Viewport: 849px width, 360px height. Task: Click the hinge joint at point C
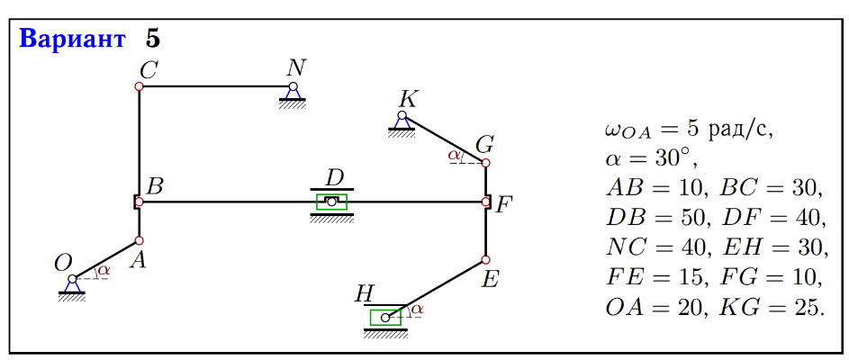tap(139, 86)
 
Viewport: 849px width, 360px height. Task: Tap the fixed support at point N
tap(293, 93)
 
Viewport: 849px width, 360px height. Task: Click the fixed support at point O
tap(71, 283)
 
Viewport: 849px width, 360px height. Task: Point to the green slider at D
tap(331, 202)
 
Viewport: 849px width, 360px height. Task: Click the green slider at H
tap(386, 317)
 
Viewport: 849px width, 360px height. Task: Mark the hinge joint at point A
tap(139, 240)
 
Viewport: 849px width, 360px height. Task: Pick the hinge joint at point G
tap(485, 163)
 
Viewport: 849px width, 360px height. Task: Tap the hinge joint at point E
tap(485, 260)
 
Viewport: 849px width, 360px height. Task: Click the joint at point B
tap(138, 202)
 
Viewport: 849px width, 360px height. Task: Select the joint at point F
tap(485, 202)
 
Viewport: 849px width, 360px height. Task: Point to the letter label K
tap(407, 98)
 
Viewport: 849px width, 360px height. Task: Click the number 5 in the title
tap(153, 40)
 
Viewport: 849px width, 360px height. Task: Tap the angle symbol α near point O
tap(104, 269)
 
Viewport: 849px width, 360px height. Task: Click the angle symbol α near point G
tap(454, 155)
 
